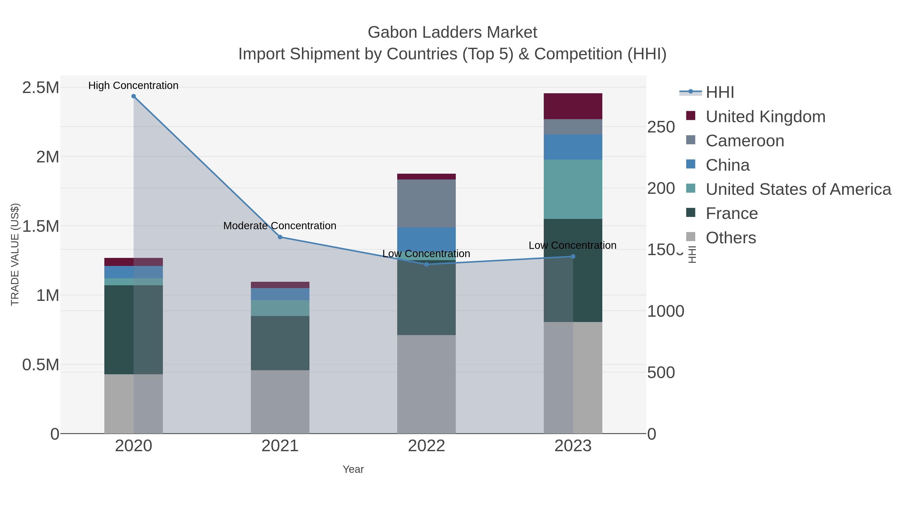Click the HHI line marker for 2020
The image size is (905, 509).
point(133,96)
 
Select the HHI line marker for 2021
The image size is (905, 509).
point(280,237)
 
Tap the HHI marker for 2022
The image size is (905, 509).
point(427,264)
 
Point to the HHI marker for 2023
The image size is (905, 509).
point(573,256)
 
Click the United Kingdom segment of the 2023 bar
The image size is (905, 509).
point(573,106)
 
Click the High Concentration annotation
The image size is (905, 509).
point(133,85)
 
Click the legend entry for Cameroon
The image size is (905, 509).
point(745,141)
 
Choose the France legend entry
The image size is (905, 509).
point(732,214)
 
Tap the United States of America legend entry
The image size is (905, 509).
point(798,189)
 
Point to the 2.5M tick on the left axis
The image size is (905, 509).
point(41,87)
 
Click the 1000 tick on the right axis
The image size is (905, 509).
point(665,311)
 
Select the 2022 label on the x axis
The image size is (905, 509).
point(427,446)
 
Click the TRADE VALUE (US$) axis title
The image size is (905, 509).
point(15,254)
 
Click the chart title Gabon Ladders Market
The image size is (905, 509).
point(452,32)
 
